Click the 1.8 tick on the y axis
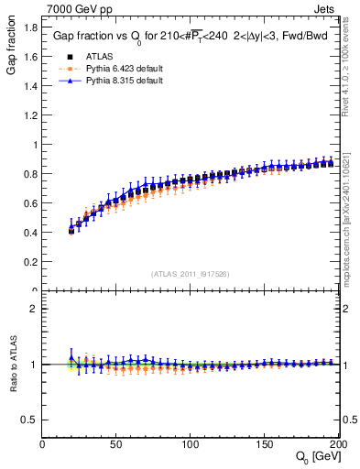pos(29,27)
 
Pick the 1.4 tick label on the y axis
pos(29,86)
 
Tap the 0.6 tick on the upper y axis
pos(29,203)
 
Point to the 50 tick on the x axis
pos(116,444)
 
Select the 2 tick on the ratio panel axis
pos(34,309)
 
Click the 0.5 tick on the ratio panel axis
pos(29,420)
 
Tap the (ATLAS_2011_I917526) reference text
pos(191,273)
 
